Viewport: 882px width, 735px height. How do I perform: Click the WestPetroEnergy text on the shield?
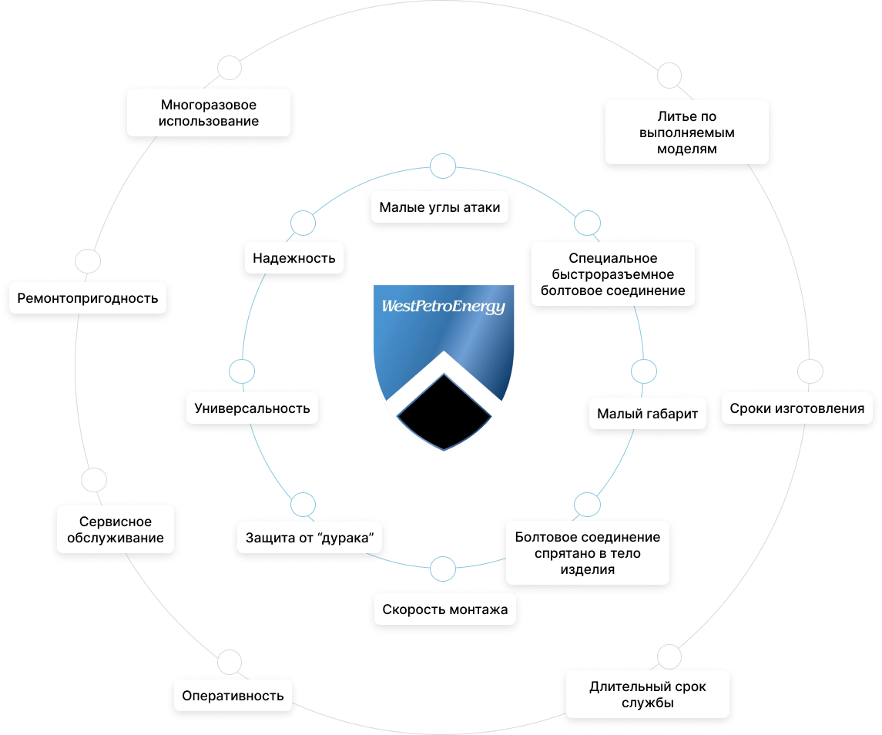(x=443, y=307)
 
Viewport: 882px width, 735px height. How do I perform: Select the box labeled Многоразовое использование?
(x=209, y=113)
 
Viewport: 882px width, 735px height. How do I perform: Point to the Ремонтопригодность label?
(x=88, y=297)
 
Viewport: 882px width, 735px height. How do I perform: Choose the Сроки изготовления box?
(x=796, y=408)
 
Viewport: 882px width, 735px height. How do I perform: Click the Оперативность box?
(x=233, y=696)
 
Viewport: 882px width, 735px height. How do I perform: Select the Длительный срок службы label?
(x=647, y=694)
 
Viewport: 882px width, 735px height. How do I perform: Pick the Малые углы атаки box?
(x=440, y=207)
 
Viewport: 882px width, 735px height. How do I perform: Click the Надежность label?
(x=294, y=258)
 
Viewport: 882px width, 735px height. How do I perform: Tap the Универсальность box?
(x=253, y=408)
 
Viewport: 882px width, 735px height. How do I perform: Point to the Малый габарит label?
(x=647, y=414)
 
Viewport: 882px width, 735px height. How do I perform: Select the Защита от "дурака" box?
(x=309, y=538)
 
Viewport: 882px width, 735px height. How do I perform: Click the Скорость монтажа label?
(x=445, y=609)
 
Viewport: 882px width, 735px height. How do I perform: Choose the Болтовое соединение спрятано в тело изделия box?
(x=587, y=553)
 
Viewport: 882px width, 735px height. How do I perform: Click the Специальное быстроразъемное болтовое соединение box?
(x=613, y=274)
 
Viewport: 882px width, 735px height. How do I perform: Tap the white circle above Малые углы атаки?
(x=442, y=166)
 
